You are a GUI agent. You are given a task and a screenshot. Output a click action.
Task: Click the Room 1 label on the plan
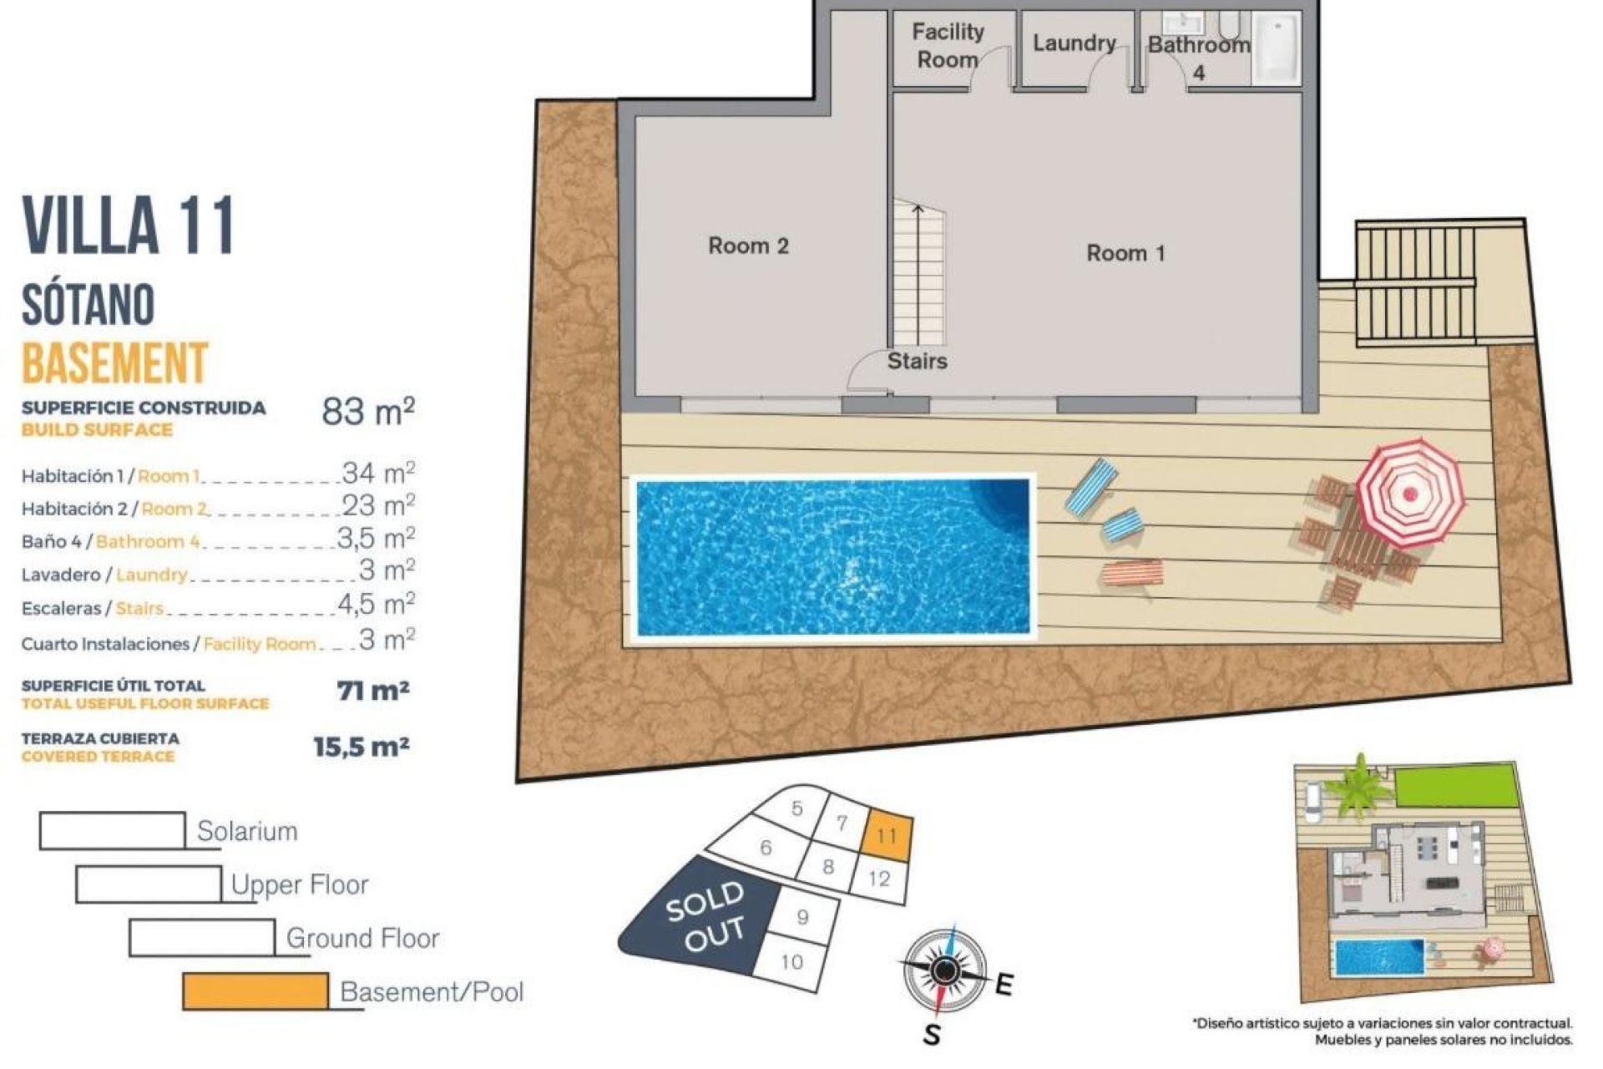point(1125,253)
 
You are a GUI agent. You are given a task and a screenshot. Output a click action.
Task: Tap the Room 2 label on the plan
point(748,246)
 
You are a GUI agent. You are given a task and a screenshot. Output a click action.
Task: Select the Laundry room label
point(1074,43)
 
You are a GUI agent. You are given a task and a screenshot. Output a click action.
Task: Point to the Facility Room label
point(947,46)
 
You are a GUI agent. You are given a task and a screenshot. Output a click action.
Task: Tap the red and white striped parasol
point(1409,493)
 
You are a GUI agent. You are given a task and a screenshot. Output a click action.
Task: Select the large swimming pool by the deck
point(832,557)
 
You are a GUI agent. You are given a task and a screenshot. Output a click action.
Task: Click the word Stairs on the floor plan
point(917,361)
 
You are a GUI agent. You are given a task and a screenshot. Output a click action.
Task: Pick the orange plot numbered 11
point(887,835)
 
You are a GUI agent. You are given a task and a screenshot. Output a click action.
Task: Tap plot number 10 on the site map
point(791,961)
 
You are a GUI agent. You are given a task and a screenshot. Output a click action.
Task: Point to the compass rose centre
point(944,970)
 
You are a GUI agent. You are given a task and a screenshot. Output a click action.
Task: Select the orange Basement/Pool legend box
point(255,991)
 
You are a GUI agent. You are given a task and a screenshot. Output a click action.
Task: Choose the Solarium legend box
point(113,830)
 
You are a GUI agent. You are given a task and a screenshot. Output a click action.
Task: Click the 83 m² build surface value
point(368,411)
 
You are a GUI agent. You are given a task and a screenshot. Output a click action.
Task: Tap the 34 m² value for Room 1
point(378,473)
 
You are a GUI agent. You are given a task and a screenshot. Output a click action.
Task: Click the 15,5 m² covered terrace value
point(362,746)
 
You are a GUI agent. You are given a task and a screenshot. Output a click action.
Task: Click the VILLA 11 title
point(129,225)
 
